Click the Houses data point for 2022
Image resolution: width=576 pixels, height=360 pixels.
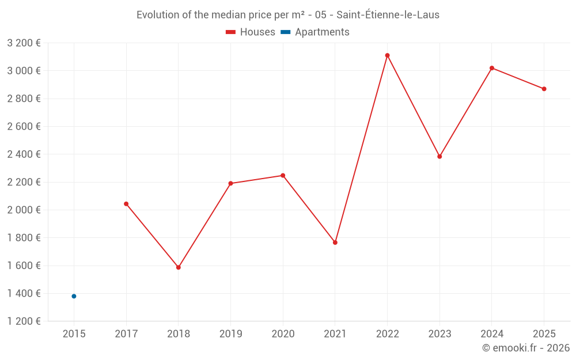(x=387, y=55)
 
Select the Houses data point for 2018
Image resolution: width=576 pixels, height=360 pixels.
(x=179, y=267)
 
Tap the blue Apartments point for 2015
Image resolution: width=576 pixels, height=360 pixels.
(x=74, y=296)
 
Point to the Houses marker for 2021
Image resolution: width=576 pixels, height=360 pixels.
(x=335, y=242)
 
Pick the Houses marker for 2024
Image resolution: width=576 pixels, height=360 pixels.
(x=492, y=68)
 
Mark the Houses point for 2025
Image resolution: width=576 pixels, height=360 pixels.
(x=544, y=89)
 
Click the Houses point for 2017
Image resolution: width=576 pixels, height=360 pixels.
(x=126, y=204)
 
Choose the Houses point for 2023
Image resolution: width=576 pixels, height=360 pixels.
(x=439, y=157)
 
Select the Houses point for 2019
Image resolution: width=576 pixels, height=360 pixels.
(x=230, y=183)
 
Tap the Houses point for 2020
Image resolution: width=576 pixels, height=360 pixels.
(x=283, y=176)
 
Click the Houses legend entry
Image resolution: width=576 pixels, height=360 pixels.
(x=251, y=32)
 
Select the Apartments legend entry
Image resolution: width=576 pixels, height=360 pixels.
(x=315, y=32)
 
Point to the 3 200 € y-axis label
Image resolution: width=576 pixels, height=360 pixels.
(x=24, y=43)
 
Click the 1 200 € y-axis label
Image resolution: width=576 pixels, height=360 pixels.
(x=24, y=321)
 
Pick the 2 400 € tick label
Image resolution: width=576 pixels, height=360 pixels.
(x=24, y=154)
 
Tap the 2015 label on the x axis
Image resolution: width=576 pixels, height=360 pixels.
(x=74, y=334)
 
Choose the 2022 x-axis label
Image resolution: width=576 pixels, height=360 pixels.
(x=387, y=334)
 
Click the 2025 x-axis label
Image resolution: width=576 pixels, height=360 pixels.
(x=544, y=334)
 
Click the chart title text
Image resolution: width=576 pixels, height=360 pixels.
(x=288, y=15)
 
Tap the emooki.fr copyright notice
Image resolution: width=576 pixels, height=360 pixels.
(x=526, y=348)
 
